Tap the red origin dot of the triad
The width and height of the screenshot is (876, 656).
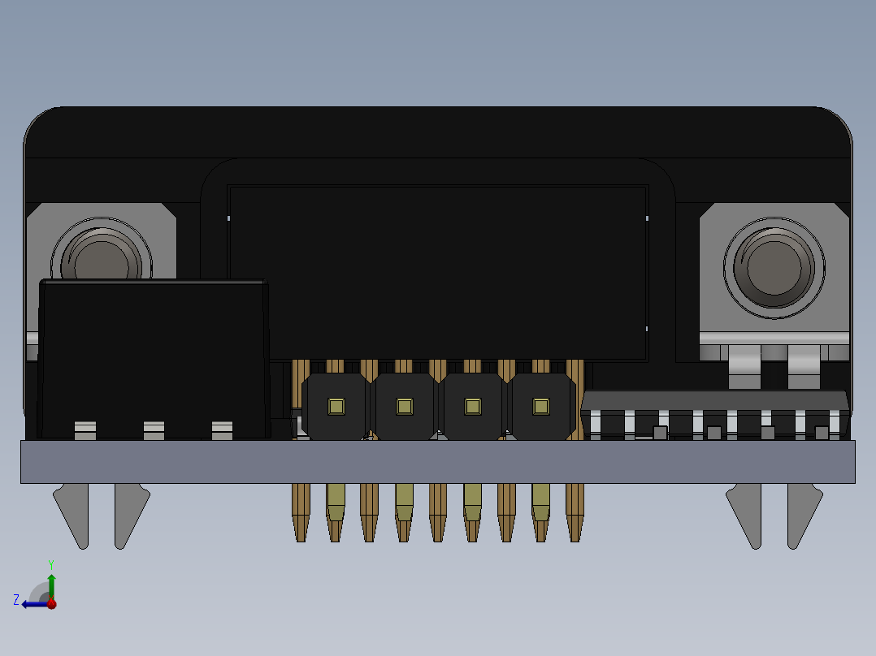(x=51, y=603)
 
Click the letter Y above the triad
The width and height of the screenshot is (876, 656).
(x=51, y=563)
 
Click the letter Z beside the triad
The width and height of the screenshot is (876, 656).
(x=16, y=600)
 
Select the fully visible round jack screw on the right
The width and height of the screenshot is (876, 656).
(x=774, y=266)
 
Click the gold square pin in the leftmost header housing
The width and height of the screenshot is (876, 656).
(x=336, y=406)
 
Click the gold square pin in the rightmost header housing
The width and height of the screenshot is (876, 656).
(x=540, y=406)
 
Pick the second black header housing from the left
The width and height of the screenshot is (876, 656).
(x=404, y=406)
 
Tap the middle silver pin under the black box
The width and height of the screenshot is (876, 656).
(x=154, y=429)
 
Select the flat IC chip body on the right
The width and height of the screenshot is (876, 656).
(x=715, y=400)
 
